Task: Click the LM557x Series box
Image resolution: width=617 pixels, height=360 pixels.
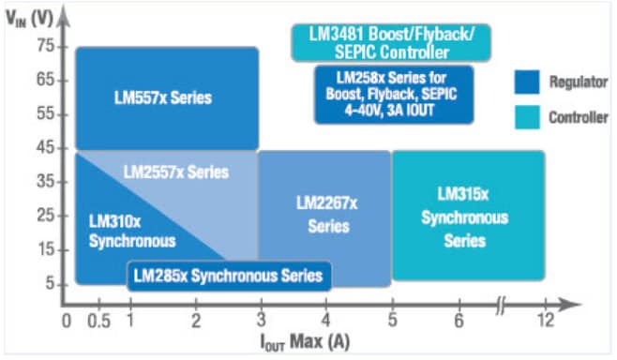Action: click(166, 97)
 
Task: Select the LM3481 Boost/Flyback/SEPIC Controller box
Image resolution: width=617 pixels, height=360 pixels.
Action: click(391, 42)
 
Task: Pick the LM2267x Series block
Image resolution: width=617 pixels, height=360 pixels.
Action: click(324, 215)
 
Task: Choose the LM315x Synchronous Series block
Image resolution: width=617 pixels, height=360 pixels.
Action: click(466, 217)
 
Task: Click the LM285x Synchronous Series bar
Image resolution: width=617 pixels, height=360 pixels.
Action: click(228, 275)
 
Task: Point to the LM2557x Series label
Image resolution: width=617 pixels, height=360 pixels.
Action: click(175, 172)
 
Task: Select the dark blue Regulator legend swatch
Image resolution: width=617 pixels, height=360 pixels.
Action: click(528, 83)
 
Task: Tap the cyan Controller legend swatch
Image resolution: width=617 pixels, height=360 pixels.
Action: click(528, 118)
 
